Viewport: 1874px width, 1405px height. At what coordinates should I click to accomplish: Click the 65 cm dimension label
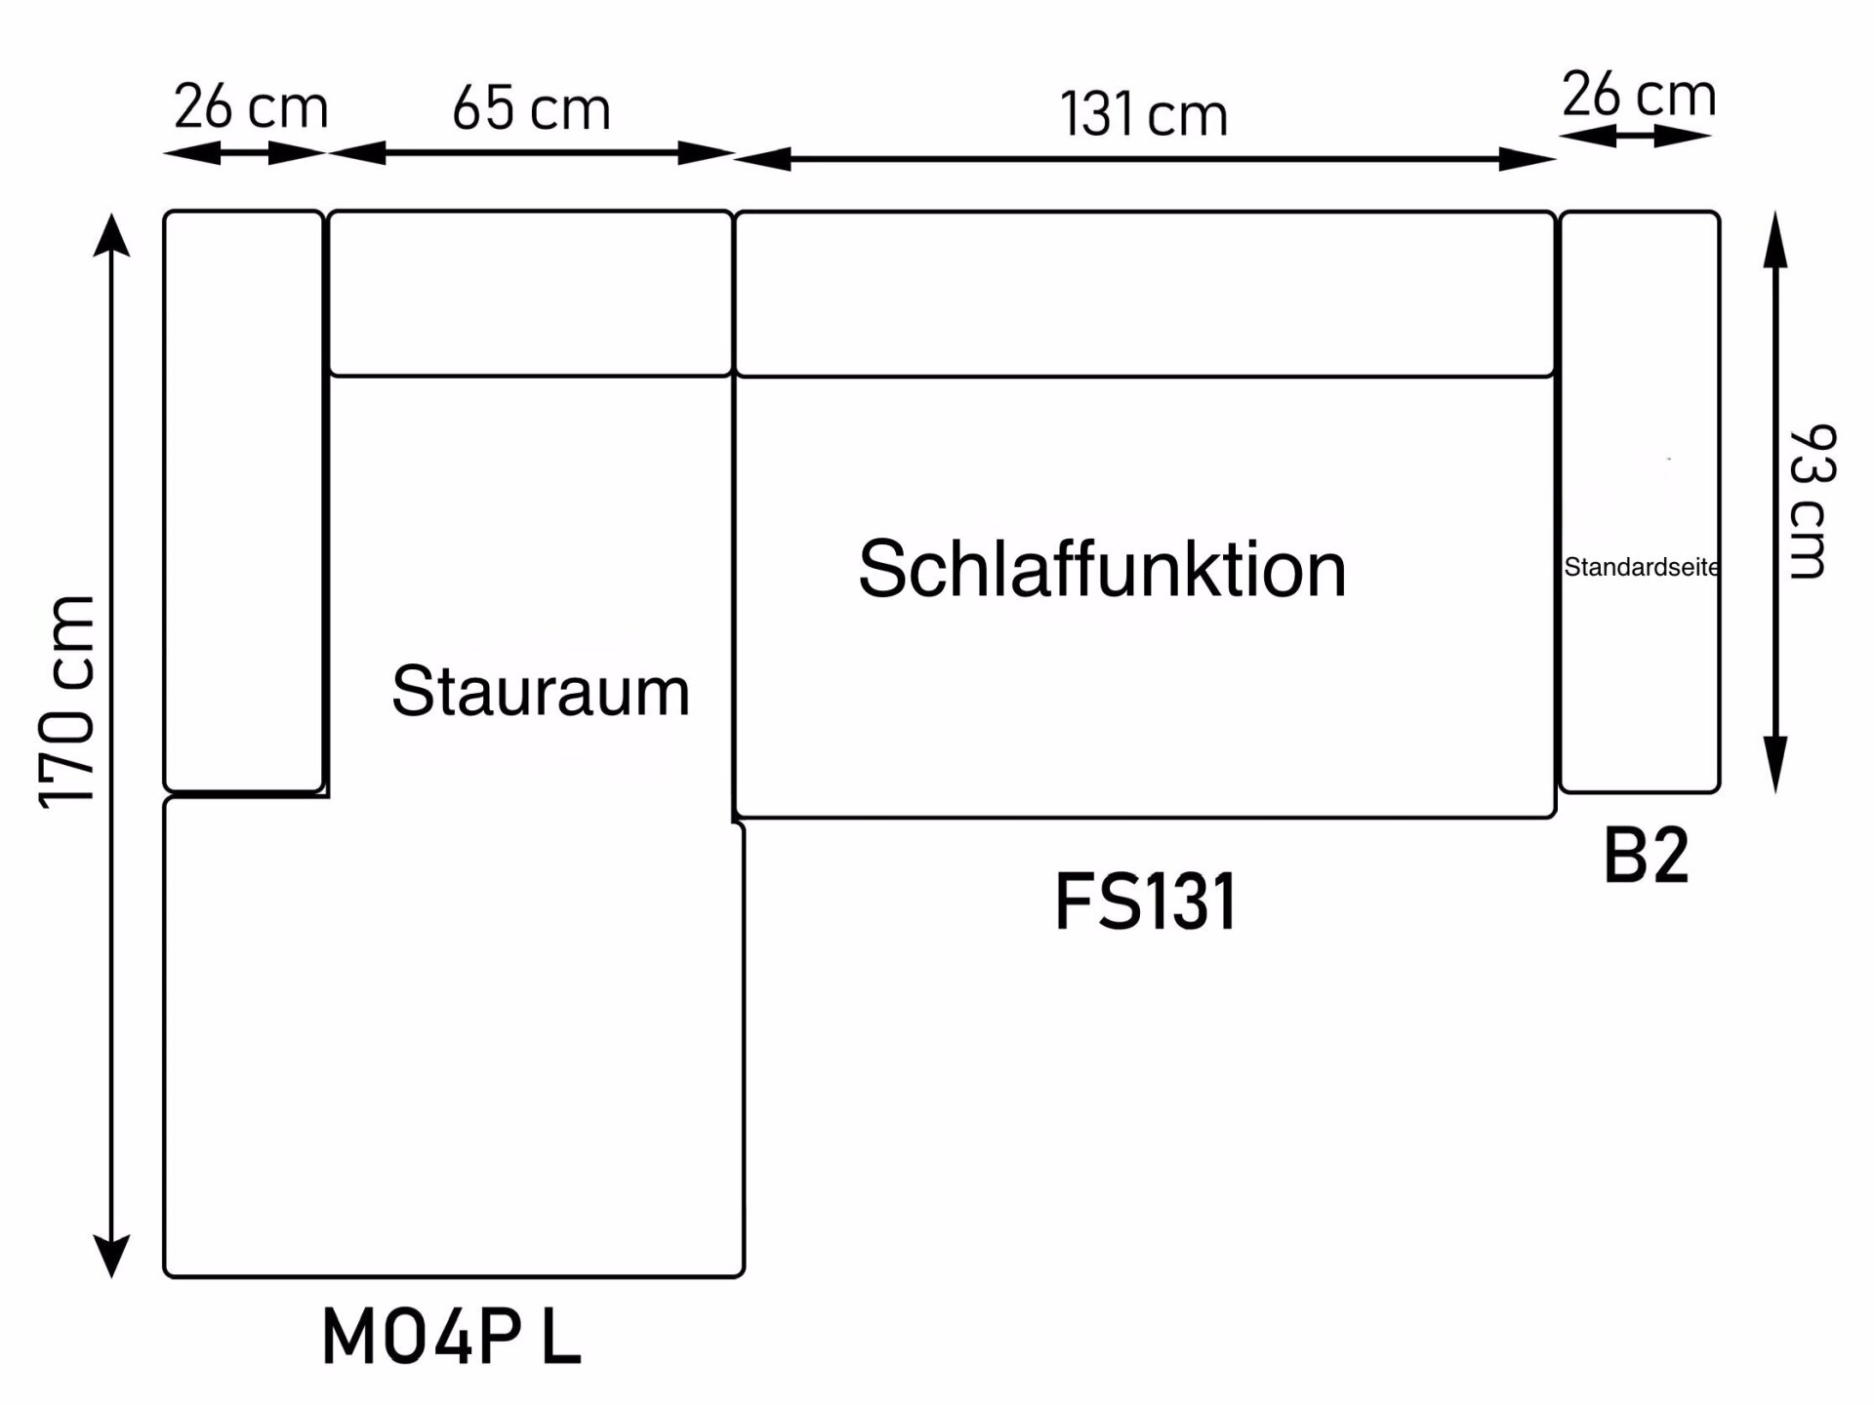tap(531, 108)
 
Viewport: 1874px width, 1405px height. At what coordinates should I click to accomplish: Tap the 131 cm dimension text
tap(1143, 114)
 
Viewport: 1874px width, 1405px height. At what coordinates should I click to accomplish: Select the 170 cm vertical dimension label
tap(68, 701)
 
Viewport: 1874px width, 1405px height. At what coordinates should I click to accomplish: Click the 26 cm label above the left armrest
tap(251, 107)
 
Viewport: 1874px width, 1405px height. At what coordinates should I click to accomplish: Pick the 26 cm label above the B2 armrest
tap(1639, 96)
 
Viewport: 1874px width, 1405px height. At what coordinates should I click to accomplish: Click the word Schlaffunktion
tap(1102, 570)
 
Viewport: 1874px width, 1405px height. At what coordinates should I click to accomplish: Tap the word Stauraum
tap(541, 692)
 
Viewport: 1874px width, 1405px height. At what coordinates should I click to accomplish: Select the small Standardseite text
tap(1641, 567)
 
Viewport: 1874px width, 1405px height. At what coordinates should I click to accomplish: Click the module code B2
tap(1646, 857)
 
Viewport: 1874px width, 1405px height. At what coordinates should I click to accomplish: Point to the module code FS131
tap(1146, 903)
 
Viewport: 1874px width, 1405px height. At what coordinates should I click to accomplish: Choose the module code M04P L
tap(451, 1338)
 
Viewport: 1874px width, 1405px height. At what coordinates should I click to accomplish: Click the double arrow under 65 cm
tap(531, 153)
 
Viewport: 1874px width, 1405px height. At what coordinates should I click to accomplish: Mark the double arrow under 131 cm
tap(1143, 159)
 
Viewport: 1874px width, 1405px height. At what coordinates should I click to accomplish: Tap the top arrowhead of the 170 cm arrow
tap(111, 234)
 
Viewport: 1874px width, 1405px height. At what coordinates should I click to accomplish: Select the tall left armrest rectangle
tap(243, 501)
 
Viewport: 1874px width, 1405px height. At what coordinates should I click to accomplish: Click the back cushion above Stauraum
tap(530, 293)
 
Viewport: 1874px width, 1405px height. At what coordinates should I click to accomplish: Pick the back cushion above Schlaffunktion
tap(1144, 294)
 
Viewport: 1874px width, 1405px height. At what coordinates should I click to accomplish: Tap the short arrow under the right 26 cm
tap(1635, 137)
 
